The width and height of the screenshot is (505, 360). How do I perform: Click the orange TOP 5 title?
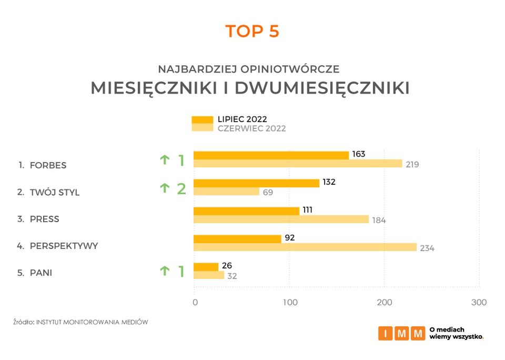252,31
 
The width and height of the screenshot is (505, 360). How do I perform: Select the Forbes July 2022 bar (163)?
271,155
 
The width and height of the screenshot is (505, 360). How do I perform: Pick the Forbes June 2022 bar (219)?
298,164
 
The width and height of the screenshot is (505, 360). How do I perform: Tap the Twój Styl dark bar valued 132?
256,183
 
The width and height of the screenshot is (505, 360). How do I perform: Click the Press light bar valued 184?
281,219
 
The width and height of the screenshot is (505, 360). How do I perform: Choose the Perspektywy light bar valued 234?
305,247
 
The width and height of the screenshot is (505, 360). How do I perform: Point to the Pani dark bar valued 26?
206,267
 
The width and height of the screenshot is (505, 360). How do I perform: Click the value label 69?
268,193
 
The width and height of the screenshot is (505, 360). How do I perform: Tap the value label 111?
307,210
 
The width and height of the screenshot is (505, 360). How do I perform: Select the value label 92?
289,237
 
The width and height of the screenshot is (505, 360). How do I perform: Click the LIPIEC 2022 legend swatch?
202,119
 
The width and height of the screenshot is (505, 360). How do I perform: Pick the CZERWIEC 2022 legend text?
252,128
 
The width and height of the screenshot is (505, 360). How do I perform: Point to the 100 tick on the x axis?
290,303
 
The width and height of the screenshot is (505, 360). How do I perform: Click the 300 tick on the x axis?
479,303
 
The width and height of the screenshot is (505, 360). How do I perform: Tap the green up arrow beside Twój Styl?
165,187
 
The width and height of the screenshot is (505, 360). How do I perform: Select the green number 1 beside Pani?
181,272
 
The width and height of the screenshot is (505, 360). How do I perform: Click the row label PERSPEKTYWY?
64,246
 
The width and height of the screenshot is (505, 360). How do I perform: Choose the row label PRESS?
45,219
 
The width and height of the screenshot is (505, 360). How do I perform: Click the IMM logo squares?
401,333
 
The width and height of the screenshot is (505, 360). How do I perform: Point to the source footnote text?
80,322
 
